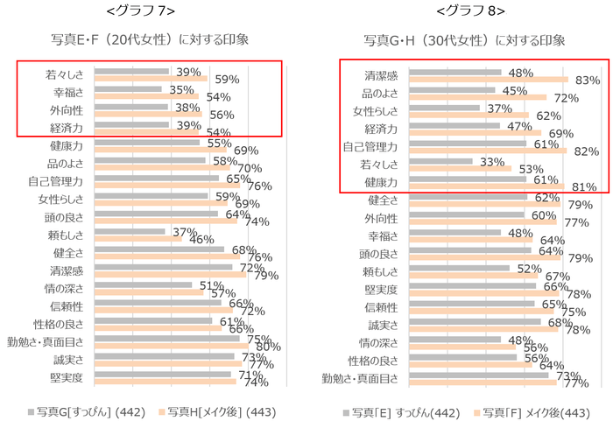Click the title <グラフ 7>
click(139, 11)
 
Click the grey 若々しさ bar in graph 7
click(131, 71)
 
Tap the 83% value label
click(587, 81)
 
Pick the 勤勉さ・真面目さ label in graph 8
click(361, 378)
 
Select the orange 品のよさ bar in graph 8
click(479, 98)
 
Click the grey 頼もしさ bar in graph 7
click(130, 232)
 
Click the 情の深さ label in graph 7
click(64, 287)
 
